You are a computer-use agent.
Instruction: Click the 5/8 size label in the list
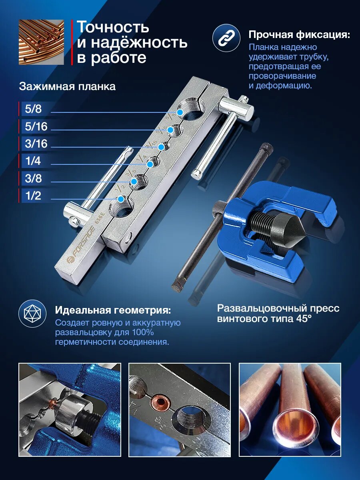(33, 109)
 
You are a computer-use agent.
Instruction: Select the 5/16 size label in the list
(36, 126)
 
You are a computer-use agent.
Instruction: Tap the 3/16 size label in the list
(36, 144)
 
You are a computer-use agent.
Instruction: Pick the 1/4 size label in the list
(33, 161)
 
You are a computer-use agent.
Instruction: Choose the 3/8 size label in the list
(33, 178)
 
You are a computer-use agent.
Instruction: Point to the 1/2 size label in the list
(33, 196)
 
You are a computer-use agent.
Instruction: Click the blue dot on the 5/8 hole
(180, 112)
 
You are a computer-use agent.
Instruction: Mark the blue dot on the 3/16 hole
(161, 147)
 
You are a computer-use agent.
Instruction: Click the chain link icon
(226, 38)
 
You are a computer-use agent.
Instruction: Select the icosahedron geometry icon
(32, 313)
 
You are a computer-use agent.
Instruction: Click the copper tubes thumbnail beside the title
(41, 42)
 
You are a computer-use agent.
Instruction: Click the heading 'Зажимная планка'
(67, 87)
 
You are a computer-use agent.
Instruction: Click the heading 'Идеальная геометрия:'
(113, 310)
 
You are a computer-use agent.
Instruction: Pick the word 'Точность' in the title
(113, 27)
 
